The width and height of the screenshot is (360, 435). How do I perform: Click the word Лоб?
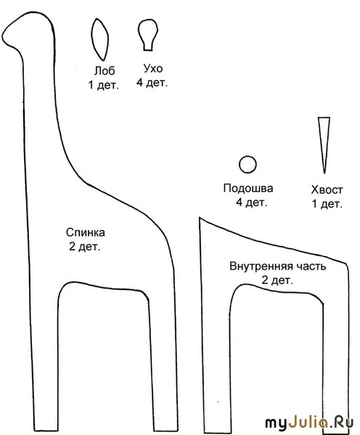click(105, 71)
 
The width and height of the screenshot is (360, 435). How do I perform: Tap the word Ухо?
click(152, 68)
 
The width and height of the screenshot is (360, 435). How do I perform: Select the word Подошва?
click(248, 188)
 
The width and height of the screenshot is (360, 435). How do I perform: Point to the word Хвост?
click(327, 190)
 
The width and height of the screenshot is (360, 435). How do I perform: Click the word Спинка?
click(85, 232)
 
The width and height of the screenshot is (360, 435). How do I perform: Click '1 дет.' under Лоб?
click(103, 85)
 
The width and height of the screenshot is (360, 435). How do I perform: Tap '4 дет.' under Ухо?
click(152, 83)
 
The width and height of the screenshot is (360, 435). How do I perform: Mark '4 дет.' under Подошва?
click(251, 202)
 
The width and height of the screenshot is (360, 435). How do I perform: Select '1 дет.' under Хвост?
click(327, 204)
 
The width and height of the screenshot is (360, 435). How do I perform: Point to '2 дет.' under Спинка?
click(84, 246)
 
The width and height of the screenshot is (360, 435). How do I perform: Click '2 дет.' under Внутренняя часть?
click(277, 281)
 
